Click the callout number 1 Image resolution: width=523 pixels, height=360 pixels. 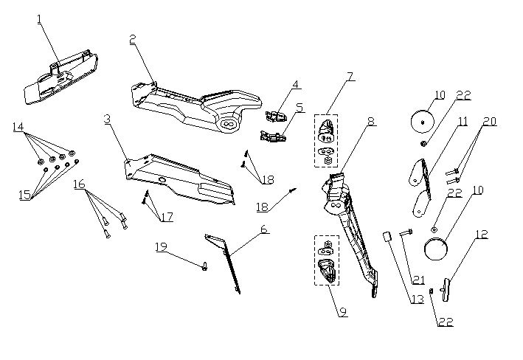(39, 19)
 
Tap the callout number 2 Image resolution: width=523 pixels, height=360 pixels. (133, 40)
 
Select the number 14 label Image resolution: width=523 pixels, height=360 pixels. (18, 127)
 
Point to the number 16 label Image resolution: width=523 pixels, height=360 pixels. (80, 184)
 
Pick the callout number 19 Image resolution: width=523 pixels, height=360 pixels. (161, 247)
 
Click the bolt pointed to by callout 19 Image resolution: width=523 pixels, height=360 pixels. (205, 266)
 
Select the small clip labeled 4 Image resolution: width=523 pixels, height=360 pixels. (276, 117)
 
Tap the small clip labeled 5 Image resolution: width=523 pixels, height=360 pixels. (273, 136)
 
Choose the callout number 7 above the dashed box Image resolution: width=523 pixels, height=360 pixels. (350, 77)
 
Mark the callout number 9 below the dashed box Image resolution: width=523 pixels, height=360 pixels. (343, 312)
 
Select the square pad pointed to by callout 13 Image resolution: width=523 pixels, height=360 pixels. (387, 237)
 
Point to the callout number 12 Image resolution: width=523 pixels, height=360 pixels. (481, 235)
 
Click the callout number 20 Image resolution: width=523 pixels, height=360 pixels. (490, 122)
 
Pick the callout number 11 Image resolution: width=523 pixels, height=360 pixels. (463, 122)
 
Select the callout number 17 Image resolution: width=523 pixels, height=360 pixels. (167, 217)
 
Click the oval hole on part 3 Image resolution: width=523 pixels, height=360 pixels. (162, 180)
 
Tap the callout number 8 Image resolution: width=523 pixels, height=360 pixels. (372, 122)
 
